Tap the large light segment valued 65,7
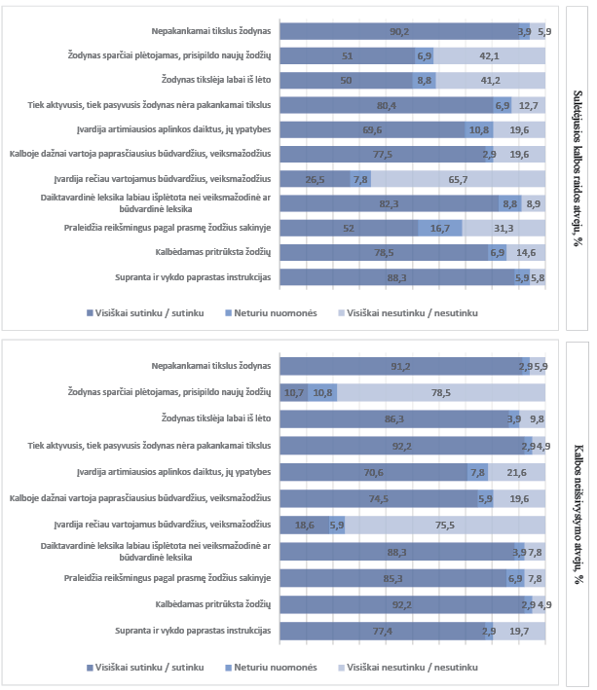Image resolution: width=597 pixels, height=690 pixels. pyautogui.click(x=458, y=179)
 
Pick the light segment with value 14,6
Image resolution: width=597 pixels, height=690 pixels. pyautogui.click(x=526, y=252)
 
